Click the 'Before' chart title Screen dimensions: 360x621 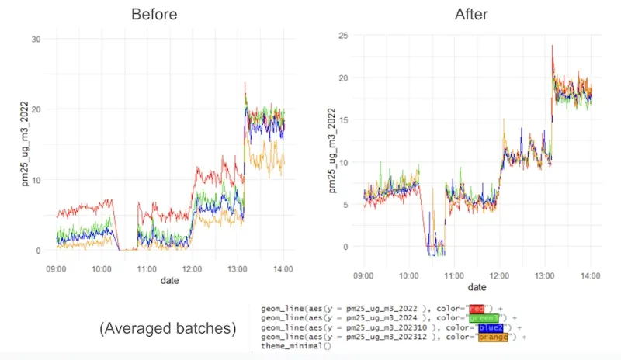154,14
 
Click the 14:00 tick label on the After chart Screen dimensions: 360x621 591,274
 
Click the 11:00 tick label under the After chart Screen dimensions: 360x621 454,274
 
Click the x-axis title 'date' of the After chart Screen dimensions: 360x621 477,286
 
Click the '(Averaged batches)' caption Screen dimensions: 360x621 168,328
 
